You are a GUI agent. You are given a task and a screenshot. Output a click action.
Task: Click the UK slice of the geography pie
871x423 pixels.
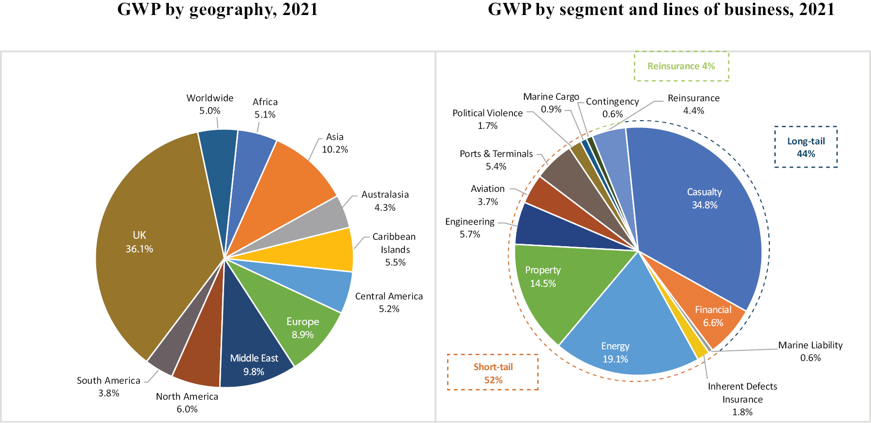coord(145,242)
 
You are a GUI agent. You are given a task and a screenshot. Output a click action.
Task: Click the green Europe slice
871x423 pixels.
coord(300,325)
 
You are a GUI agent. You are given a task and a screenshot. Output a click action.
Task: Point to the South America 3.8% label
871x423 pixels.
coord(108,387)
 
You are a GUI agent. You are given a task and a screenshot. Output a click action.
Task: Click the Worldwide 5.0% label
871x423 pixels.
coord(210,104)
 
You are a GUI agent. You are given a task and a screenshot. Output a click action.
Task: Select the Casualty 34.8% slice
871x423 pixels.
coord(702,199)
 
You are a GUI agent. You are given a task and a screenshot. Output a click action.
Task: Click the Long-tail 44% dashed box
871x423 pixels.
coord(806,147)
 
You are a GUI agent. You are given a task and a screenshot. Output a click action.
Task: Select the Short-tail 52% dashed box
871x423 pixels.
coord(493,373)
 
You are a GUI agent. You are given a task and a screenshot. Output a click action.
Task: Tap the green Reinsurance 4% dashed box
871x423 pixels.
coord(681,66)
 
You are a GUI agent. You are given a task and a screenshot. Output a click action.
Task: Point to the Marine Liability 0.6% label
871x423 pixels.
coord(810,351)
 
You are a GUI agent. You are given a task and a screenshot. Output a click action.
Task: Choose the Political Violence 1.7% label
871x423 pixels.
coord(487,119)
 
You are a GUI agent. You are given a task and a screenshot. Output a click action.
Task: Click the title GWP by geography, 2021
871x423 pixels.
coord(218,10)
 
